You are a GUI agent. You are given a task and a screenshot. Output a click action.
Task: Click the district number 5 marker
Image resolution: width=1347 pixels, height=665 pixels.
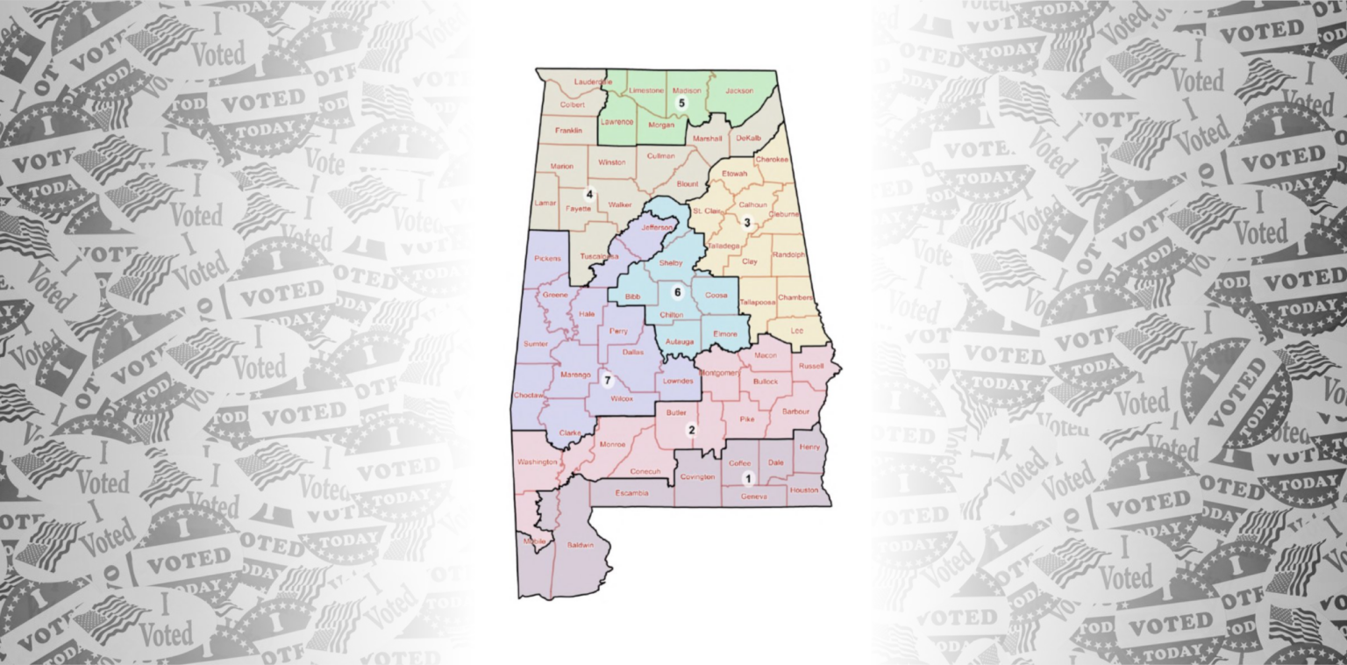(x=681, y=103)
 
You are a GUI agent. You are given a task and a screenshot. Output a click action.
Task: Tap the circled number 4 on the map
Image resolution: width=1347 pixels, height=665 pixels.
(x=590, y=195)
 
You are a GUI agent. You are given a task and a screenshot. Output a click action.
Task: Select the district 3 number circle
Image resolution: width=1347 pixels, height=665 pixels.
(x=747, y=222)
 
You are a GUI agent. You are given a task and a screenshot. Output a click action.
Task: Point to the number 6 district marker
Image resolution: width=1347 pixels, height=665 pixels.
(x=677, y=291)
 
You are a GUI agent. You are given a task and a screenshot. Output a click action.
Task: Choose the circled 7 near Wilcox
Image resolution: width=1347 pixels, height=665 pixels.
(x=606, y=380)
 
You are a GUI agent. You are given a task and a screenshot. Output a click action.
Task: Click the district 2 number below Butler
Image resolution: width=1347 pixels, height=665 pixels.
(x=691, y=430)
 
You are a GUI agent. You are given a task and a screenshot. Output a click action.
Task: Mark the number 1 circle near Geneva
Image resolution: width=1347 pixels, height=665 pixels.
(x=748, y=478)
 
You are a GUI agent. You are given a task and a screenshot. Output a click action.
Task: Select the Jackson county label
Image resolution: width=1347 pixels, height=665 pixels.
(x=739, y=90)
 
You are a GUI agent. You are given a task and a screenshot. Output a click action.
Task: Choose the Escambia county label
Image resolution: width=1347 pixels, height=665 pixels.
(x=631, y=493)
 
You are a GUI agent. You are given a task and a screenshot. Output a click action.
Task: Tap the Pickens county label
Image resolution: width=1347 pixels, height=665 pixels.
(x=548, y=260)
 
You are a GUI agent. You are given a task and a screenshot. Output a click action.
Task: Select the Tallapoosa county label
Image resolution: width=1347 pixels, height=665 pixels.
(x=758, y=302)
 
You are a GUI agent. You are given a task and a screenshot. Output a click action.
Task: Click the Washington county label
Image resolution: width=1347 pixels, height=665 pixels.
(x=538, y=461)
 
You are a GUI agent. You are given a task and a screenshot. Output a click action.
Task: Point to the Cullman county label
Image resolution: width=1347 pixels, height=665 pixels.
(x=660, y=156)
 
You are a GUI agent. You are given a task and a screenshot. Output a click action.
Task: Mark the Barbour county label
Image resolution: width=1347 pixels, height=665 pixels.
(x=795, y=411)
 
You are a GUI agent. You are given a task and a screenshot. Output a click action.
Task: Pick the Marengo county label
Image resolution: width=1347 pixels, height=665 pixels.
(x=575, y=375)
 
